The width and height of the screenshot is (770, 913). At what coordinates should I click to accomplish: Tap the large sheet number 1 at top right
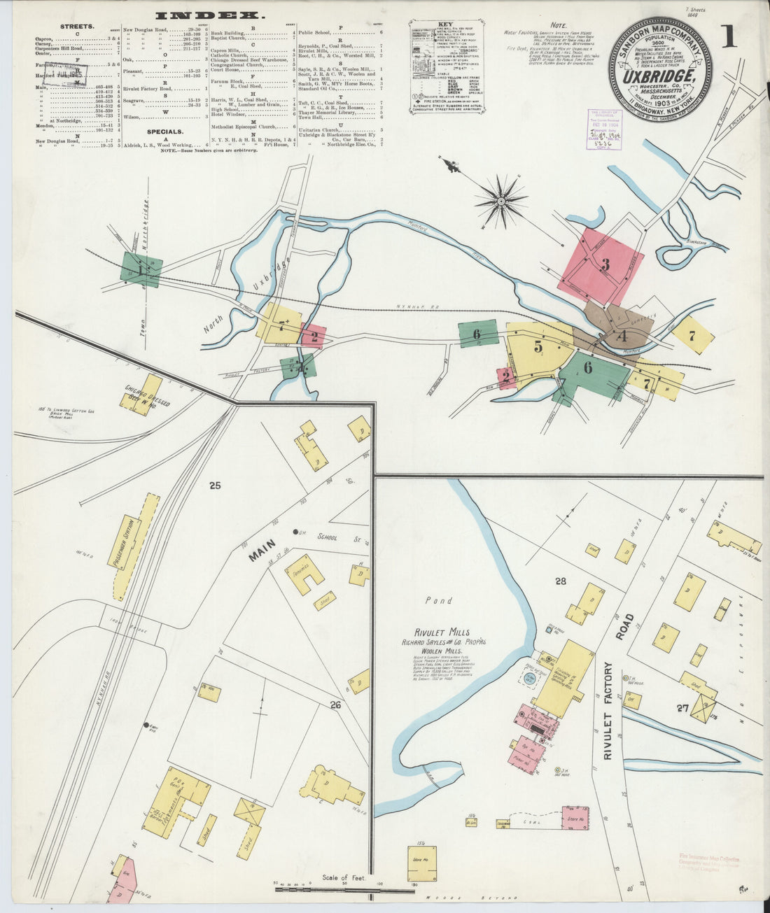(729, 36)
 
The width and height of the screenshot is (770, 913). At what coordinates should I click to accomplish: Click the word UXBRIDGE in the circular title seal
(659, 76)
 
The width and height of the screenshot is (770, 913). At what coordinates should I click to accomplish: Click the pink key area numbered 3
(605, 264)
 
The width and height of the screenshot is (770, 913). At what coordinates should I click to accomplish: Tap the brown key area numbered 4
(622, 335)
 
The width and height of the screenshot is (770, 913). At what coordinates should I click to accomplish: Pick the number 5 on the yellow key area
(538, 346)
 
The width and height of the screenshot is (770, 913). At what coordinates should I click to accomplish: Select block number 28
(560, 581)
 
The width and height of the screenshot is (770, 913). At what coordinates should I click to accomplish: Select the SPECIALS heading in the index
(165, 131)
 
